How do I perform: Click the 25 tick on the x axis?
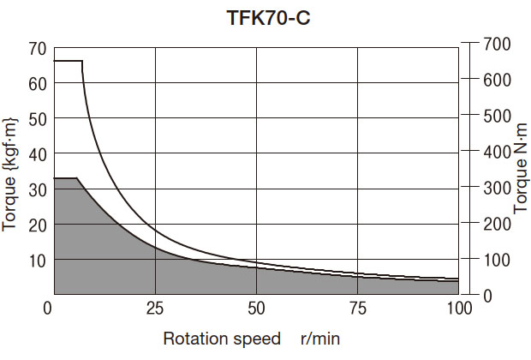155,309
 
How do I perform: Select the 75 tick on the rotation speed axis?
358,309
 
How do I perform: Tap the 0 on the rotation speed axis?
49,309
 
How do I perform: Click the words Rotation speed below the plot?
222,339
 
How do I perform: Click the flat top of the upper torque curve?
69,61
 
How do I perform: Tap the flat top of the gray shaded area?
66,177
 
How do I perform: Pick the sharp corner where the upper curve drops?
83,61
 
